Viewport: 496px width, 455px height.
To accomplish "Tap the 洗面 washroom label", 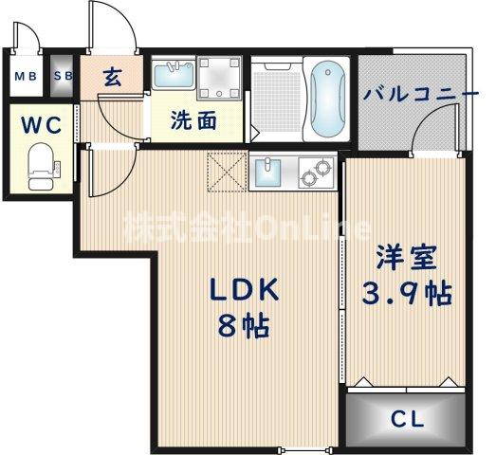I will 193,120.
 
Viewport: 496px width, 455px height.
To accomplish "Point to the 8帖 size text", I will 243,326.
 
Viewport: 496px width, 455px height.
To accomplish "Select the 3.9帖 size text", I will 406,293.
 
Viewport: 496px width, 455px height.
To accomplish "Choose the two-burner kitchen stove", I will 315,174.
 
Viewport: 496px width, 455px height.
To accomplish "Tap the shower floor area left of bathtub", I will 276,99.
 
